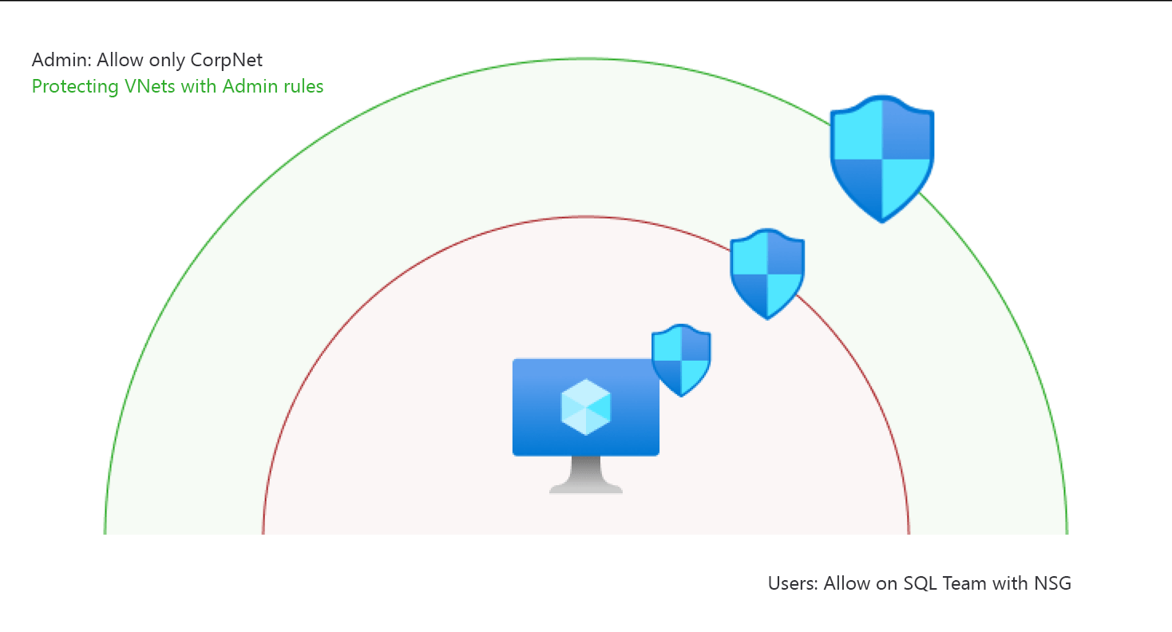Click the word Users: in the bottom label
pos(793,583)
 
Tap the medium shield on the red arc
pos(767,273)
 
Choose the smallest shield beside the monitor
pos(681,360)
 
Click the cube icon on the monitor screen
pos(586,407)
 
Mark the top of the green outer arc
pos(586,58)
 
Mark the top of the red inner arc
pos(586,216)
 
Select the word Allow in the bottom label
pos(847,583)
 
